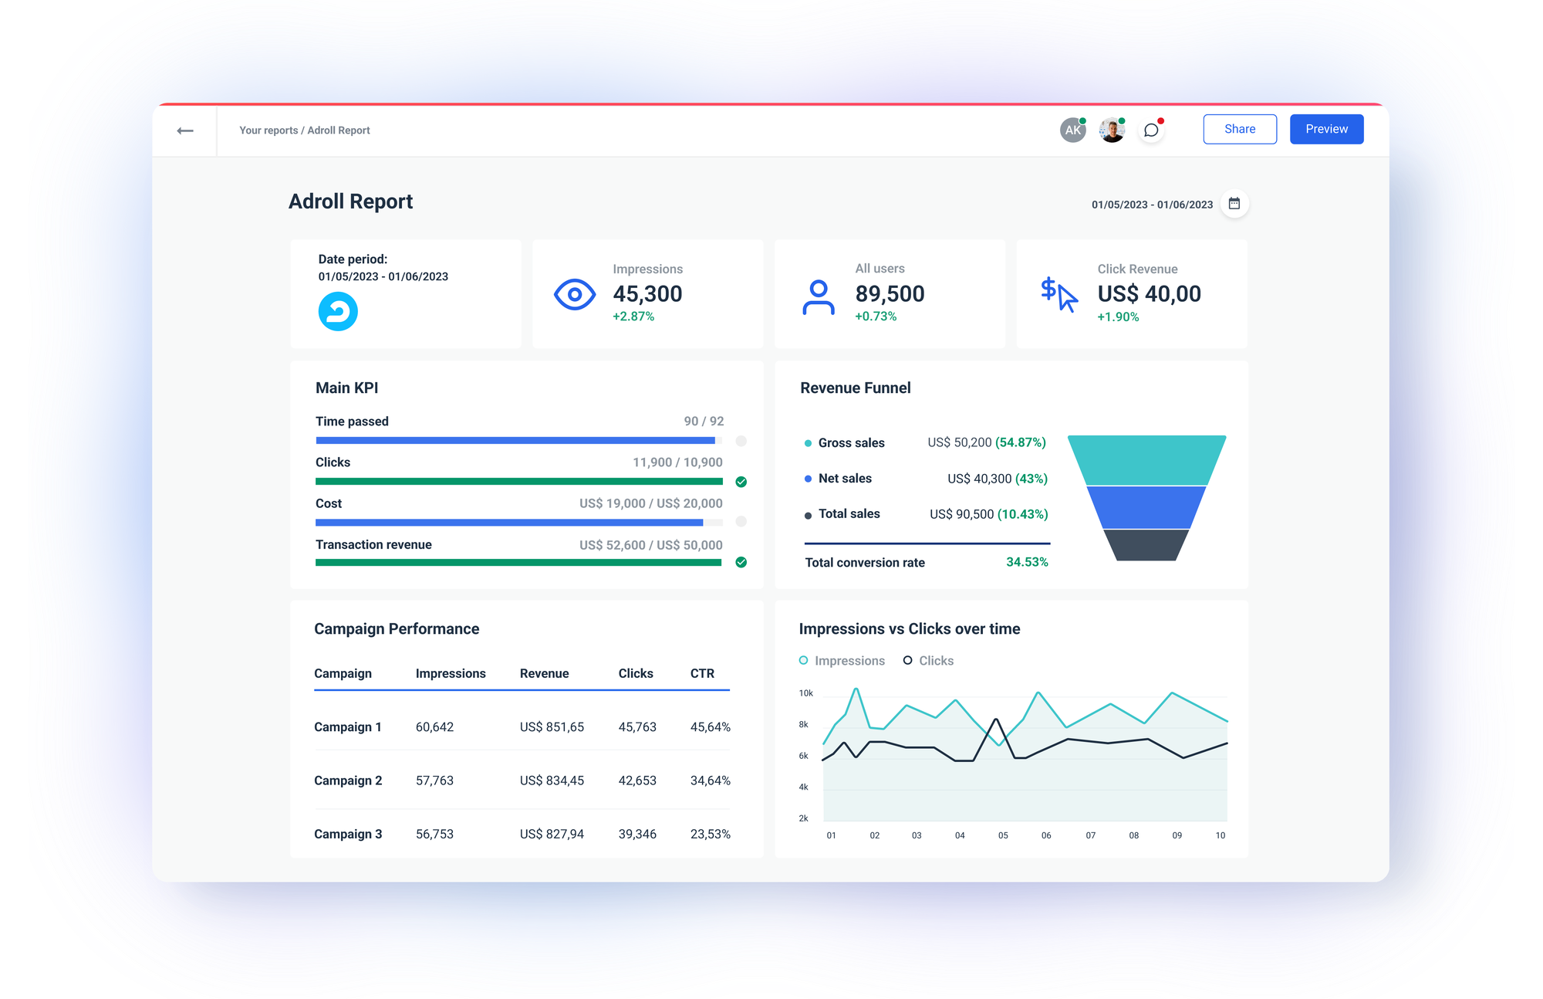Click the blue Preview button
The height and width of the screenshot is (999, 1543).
pyautogui.click(x=1326, y=129)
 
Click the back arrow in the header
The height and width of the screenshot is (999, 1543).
pyautogui.click(x=185, y=130)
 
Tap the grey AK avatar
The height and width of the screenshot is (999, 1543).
pyautogui.click(x=1072, y=130)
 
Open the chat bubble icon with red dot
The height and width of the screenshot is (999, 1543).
pyautogui.click(x=1151, y=130)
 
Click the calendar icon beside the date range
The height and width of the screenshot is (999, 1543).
pyautogui.click(x=1234, y=204)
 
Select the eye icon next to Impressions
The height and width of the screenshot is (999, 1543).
pyautogui.click(x=575, y=294)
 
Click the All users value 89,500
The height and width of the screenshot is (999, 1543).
pyautogui.click(x=890, y=294)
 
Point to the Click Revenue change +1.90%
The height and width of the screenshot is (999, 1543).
pyautogui.click(x=1118, y=317)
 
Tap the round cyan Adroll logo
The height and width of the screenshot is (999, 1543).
pyautogui.click(x=338, y=312)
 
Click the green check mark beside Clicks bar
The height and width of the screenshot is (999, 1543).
pyautogui.click(x=741, y=482)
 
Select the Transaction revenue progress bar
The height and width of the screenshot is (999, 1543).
pyautogui.click(x=518, y=563)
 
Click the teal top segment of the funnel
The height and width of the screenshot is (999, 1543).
pyautogui.click(x=1146, y=460)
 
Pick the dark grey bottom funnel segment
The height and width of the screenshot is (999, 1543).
pyautogui.click(x=1146, y=545)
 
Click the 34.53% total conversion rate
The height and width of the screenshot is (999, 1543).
pyautogui.click(x=1027, y=562)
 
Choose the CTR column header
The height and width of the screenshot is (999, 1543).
pyautogui.click(x=702, y=673)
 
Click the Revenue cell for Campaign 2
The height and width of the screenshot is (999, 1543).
pyautogui.click(x=552, y=781)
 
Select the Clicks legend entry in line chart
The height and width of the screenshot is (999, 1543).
pyautogui.click(x=929, y=661)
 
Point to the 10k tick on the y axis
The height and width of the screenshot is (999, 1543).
pyautogui.click(x=805, y=693)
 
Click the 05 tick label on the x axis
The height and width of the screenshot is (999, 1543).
pyautogui.click(x=1003, y=835)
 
